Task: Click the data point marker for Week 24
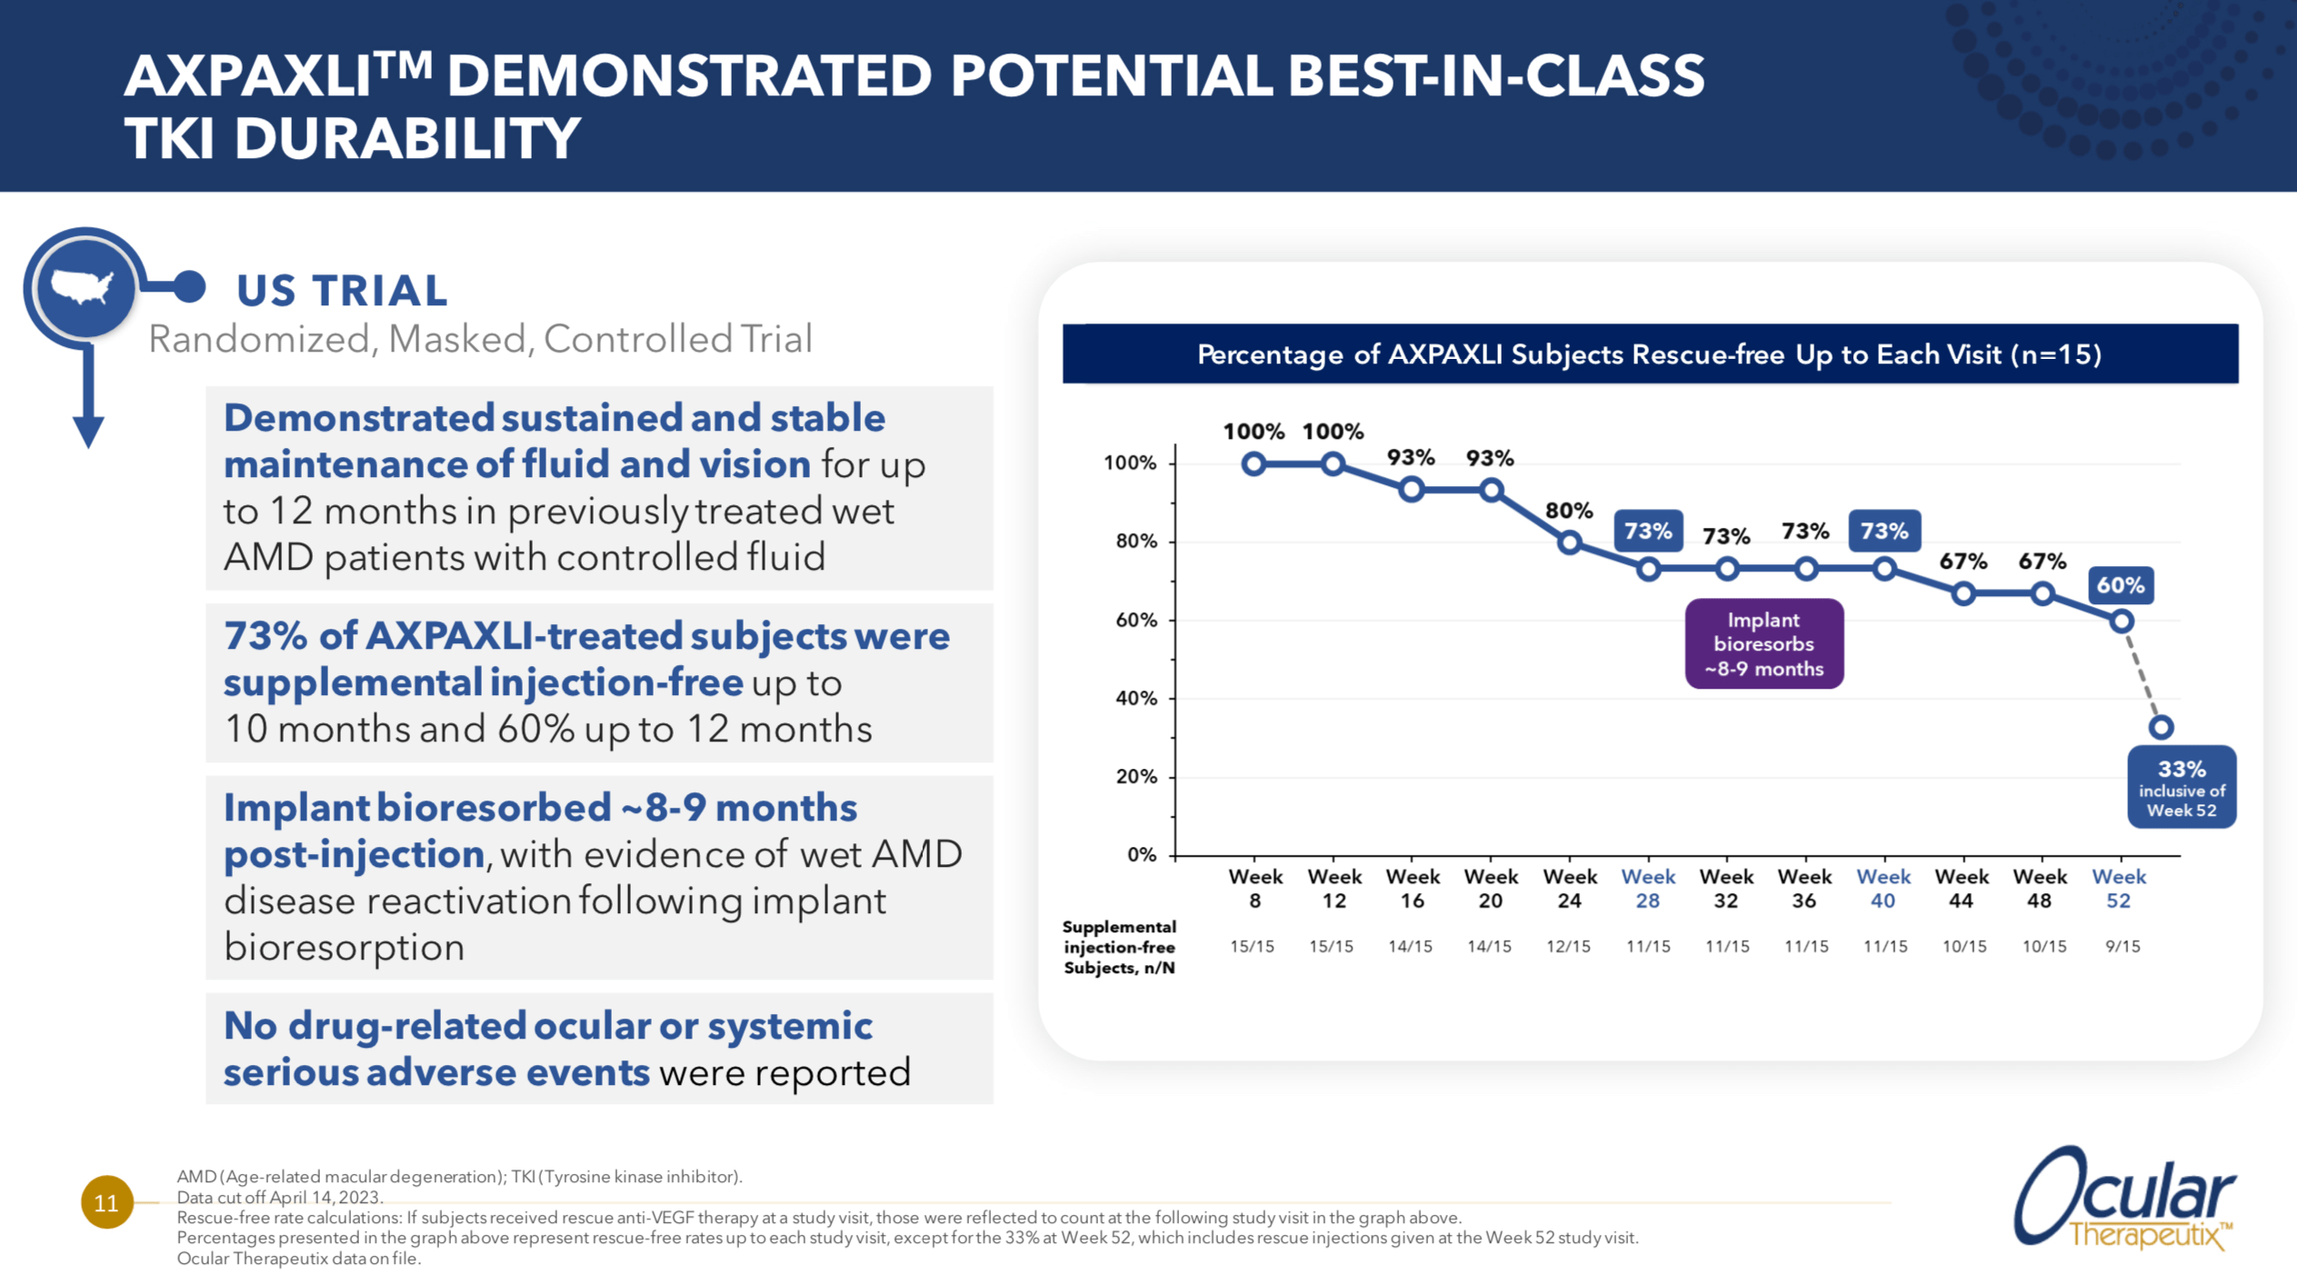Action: tap(1569, 543)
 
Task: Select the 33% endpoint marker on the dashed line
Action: tap(2161, 727)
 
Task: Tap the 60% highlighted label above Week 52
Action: tap(2120, 585)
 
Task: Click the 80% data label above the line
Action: tap(1569, 511)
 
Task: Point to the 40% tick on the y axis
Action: tap(1136, 698)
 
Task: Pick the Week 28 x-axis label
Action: tap(1647, 889)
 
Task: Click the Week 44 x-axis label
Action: tap(1962, 889)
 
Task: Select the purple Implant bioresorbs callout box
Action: tap(1763, 643)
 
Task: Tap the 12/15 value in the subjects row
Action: tap(1568, 947)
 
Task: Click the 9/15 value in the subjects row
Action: tap(2122, 947)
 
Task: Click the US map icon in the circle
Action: tap(83, 287)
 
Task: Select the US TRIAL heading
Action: tap(342, 291)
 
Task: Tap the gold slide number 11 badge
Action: tap(106, 1202)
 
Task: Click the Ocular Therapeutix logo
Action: tap(2123, 1199)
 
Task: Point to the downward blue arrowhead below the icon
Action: tap(88, 431)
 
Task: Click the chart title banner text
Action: tap(1649, 354)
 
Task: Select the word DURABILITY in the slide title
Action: tap(407, 139)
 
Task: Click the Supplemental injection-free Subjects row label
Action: tap(1119, 947)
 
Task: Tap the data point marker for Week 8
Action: tap(1253, 464)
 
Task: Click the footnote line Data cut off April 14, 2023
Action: tap(280, 1197)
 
